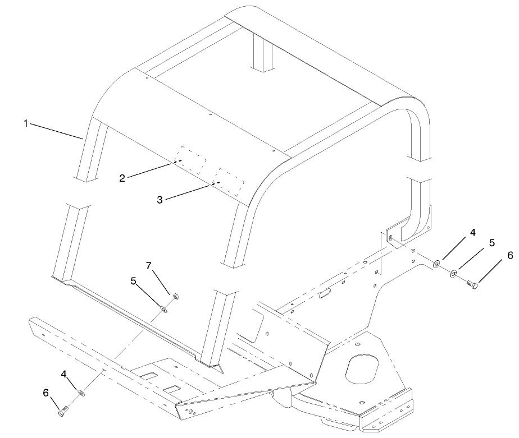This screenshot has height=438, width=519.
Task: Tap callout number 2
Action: click(122, 178)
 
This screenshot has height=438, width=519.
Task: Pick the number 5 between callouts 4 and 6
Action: click(492, 243)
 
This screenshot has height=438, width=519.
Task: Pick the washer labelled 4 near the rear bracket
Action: click(437, 263)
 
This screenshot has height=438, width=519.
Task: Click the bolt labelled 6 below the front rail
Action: click(62, 412)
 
